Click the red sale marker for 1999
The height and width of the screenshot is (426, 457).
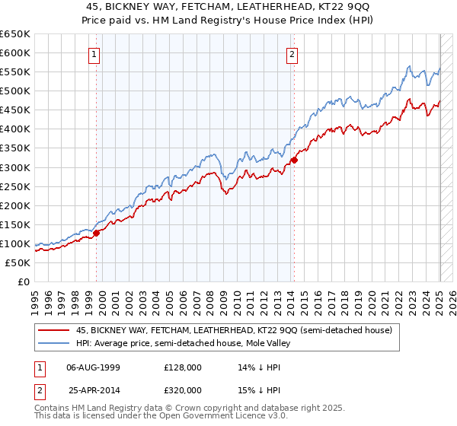pos(97,233)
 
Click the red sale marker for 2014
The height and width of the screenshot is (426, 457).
pos(294,160)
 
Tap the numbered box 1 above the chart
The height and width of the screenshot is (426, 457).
pos(93,54)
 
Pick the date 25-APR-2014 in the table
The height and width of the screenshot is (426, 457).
pos(94,389)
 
